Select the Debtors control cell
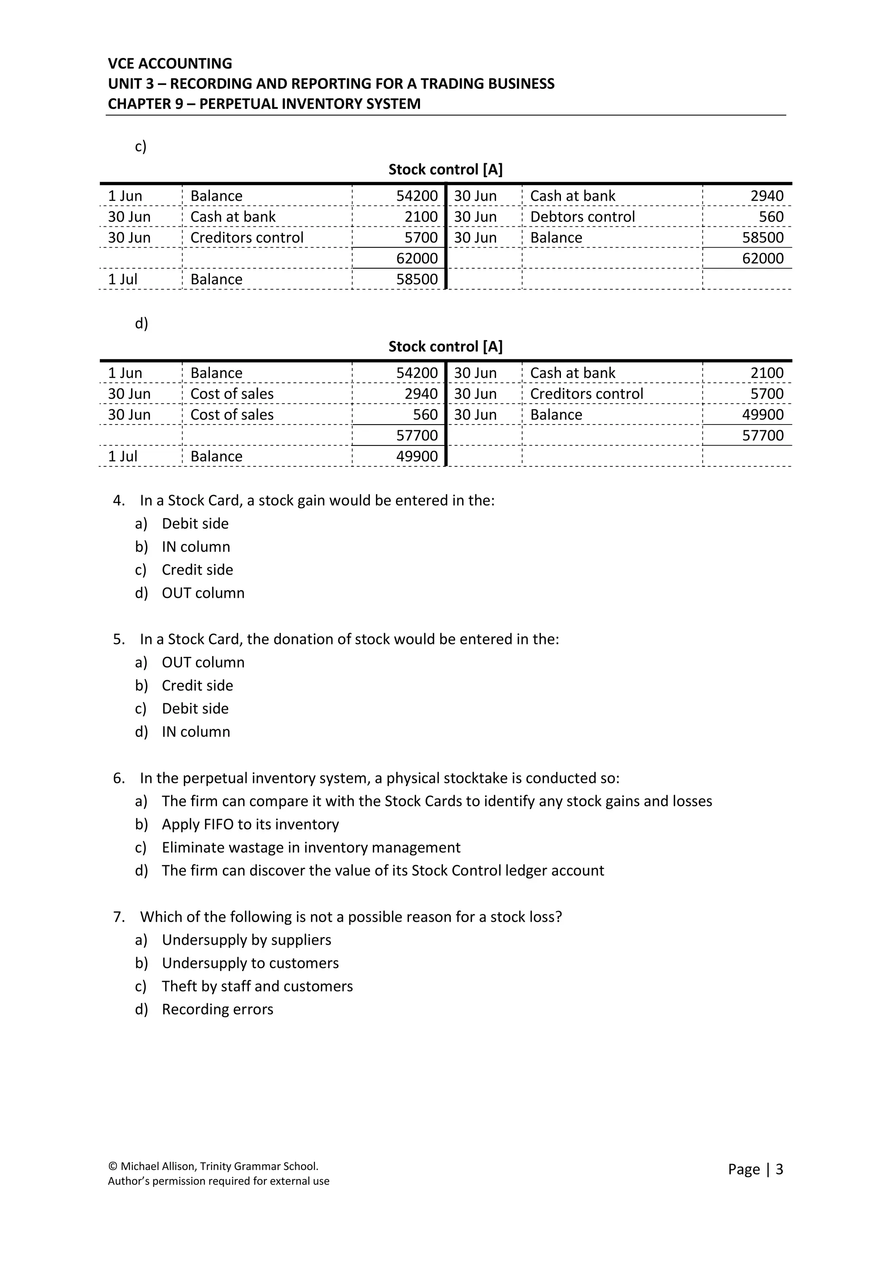(582, 216)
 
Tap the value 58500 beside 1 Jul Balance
(417, 279)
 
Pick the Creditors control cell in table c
(247, 237)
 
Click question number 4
(118, 500)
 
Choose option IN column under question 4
(196, 546)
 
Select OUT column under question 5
(203, 662)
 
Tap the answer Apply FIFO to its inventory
(250, 824)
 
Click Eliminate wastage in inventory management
(311, 847)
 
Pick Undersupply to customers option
(250, 963)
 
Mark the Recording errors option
(217, 1009)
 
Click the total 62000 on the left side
(417, 258)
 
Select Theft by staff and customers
(257, 986)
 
